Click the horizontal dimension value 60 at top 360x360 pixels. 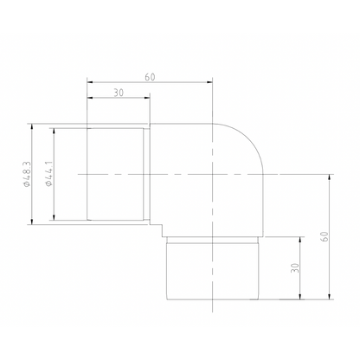[x=150, y=77]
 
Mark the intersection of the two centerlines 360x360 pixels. [x=213, y=174]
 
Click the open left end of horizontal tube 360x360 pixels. [x=87, y=174]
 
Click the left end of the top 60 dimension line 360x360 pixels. [x=87, y=83]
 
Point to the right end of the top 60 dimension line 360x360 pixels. [x=213, y=83]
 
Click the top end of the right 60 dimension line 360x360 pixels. [x=331, y=174]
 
